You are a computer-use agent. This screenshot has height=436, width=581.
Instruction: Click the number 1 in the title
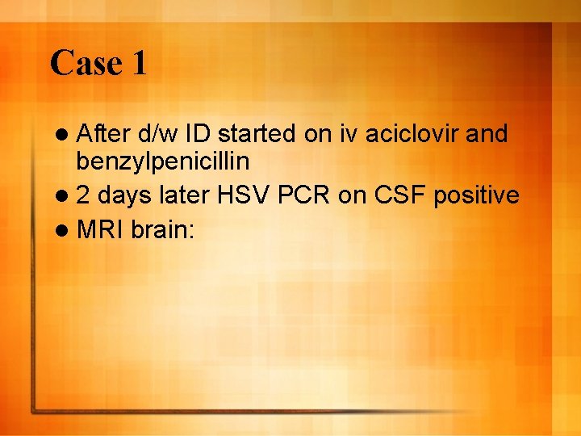tap(137, 63)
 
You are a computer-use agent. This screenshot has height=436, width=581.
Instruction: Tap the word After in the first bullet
tap(104, 133)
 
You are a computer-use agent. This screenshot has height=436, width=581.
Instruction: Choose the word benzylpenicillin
tap(163, 161)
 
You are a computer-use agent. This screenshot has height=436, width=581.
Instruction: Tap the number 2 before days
tap(85, 195)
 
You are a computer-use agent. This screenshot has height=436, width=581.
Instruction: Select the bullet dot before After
tap(66, 134)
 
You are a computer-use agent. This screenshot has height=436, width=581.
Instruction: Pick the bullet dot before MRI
tap(66, 229)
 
